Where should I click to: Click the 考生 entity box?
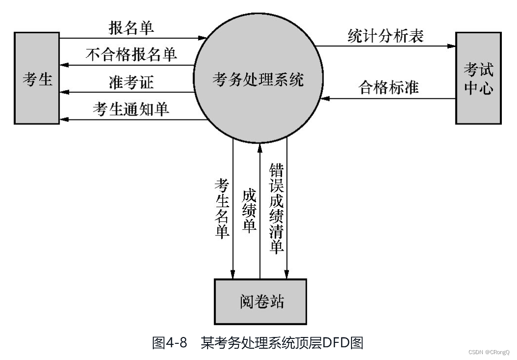point(37,78)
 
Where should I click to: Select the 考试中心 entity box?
point(478,78)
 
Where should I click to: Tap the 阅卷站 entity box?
point(260,301)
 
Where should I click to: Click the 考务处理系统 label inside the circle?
point(258,79)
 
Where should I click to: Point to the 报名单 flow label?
point(131,27)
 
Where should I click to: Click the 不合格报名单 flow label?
point(131,54)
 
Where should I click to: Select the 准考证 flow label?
point(131,82)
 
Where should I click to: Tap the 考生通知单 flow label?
point(131,109)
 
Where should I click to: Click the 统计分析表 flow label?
point(385,36)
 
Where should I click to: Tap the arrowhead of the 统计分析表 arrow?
point(451,47)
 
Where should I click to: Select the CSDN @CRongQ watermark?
point(489,352)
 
